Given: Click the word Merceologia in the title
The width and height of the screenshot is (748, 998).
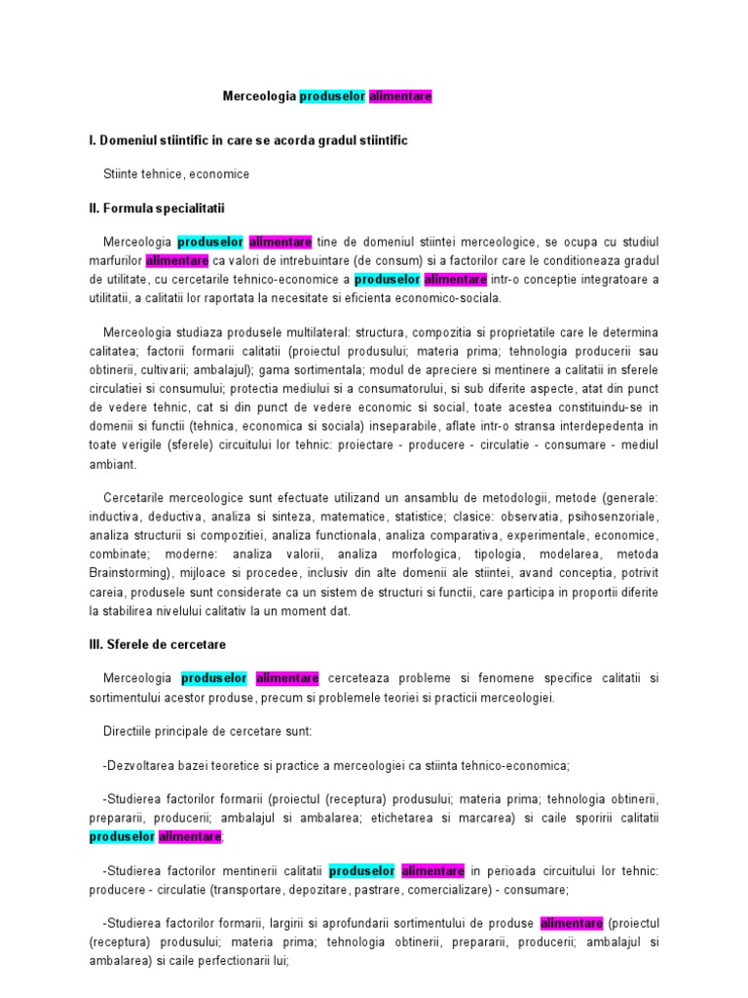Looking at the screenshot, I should (x=258, y=96).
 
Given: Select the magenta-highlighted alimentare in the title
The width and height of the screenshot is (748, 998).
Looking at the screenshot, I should (x=400, y=96).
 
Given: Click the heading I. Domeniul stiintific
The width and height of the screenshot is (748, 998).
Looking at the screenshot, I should (x=247, y=140).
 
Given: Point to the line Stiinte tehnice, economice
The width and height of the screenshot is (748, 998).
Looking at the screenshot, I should (x=176, y=173).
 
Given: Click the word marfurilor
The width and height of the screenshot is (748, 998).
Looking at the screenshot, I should (x=116, y=261).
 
